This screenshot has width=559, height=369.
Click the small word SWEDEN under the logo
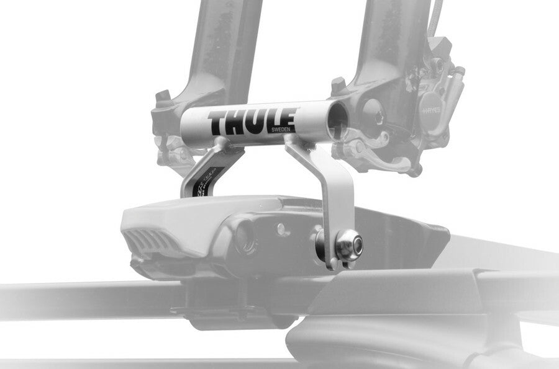click(280, 130)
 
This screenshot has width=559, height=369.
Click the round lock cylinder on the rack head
click(244, 236)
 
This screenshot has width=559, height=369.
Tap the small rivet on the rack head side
click(283, 229)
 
